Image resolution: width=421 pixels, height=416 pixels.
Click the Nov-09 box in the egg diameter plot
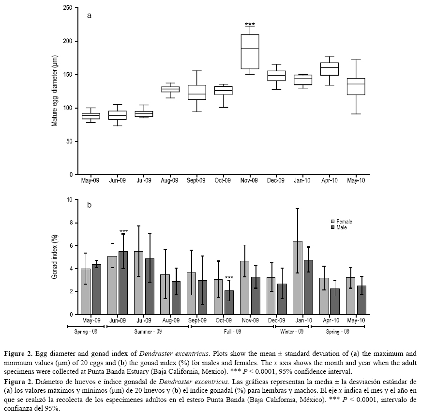(250, 52)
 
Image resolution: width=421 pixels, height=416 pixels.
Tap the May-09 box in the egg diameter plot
(90, 116)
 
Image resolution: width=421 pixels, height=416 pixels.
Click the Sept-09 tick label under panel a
(196, 181)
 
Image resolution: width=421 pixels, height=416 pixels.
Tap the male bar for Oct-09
(229, 302)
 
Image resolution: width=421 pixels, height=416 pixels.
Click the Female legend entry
(342, 222)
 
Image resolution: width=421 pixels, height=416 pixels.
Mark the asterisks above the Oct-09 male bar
(229, 278)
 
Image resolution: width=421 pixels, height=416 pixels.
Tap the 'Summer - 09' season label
(148, 332)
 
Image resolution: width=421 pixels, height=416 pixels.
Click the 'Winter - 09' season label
(292, 332)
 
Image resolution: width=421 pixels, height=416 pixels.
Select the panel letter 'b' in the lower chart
(89, 205)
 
